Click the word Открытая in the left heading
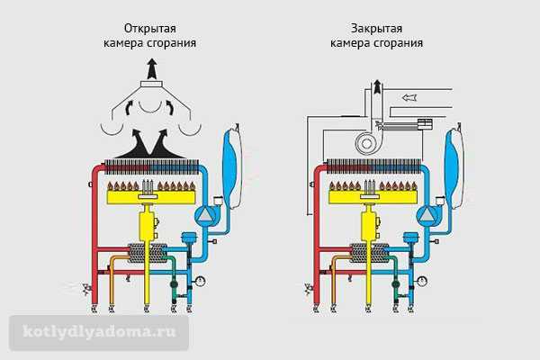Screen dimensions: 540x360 point(150,29)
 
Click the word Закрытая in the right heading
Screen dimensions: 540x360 point(376,29)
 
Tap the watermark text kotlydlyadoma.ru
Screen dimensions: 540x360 point(99,332)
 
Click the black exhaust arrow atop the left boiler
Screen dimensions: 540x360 point(152,69)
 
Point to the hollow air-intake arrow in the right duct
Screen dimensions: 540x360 point(409,97)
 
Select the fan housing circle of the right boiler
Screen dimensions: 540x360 point(366,143)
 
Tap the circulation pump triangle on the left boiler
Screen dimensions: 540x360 point(205,215)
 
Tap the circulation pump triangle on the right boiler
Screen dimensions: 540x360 point(427,215)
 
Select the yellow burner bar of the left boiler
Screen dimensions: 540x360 point(151,198)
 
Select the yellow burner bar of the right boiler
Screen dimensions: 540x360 point(373,198)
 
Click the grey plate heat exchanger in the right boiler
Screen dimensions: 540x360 point(368,254)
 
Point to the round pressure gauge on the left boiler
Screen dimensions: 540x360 point(200,281)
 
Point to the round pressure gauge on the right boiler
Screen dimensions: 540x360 point(422,281)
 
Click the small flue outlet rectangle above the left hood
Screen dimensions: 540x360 point(152,84)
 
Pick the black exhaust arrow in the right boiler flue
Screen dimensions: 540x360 point(378,86)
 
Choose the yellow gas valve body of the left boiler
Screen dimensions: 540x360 point(148,225)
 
